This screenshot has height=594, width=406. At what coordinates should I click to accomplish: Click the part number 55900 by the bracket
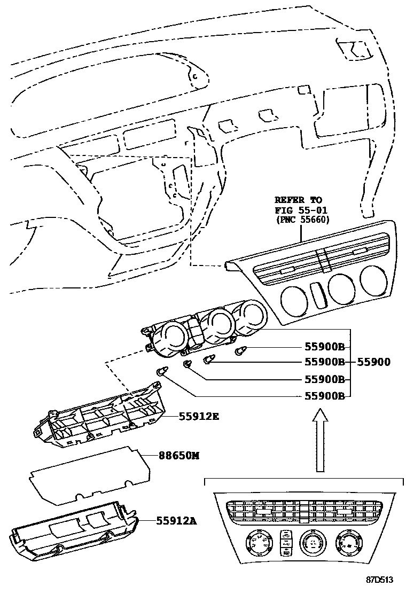[374, 362]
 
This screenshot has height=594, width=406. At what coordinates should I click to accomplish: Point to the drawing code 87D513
[380, 580]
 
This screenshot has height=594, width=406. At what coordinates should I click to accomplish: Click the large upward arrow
[319, 440]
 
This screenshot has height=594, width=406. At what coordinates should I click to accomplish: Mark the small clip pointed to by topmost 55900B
[240, 350]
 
